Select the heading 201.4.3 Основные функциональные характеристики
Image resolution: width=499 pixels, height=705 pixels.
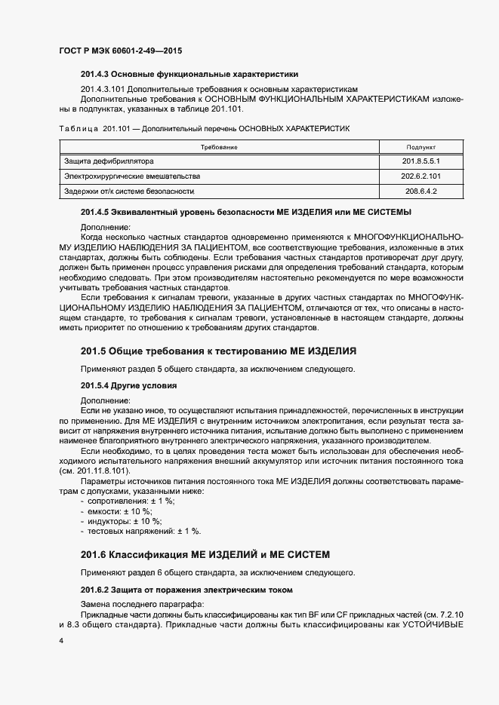pyautogui.click(x=189, y=75)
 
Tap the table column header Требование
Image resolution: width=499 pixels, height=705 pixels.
pyautogui.click(x=219, y=147)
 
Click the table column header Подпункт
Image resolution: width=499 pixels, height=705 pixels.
pyautogui.click(x=421, y=147)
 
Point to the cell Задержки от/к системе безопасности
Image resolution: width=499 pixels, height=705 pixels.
pyautogui.click(x=129, y=192)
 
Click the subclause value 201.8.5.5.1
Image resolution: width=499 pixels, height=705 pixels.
pyautogui.click(x=421, y=161)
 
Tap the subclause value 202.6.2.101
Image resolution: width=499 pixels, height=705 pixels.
pyautogui.click(x=421, y=176)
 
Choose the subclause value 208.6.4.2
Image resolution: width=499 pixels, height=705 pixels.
pyautogui.click(x=421, y=192)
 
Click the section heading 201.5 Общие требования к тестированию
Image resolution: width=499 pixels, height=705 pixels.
pyautogui.click(x=218, y=352)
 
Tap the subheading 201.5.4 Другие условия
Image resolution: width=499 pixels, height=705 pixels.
pyautogui.click(x=128, y=385)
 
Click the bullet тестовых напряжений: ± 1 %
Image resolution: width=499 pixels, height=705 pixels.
pyautogui.click(x=140, y=531)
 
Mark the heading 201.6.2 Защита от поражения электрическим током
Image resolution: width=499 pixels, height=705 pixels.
pyautogui.click(x=186, y=588)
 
